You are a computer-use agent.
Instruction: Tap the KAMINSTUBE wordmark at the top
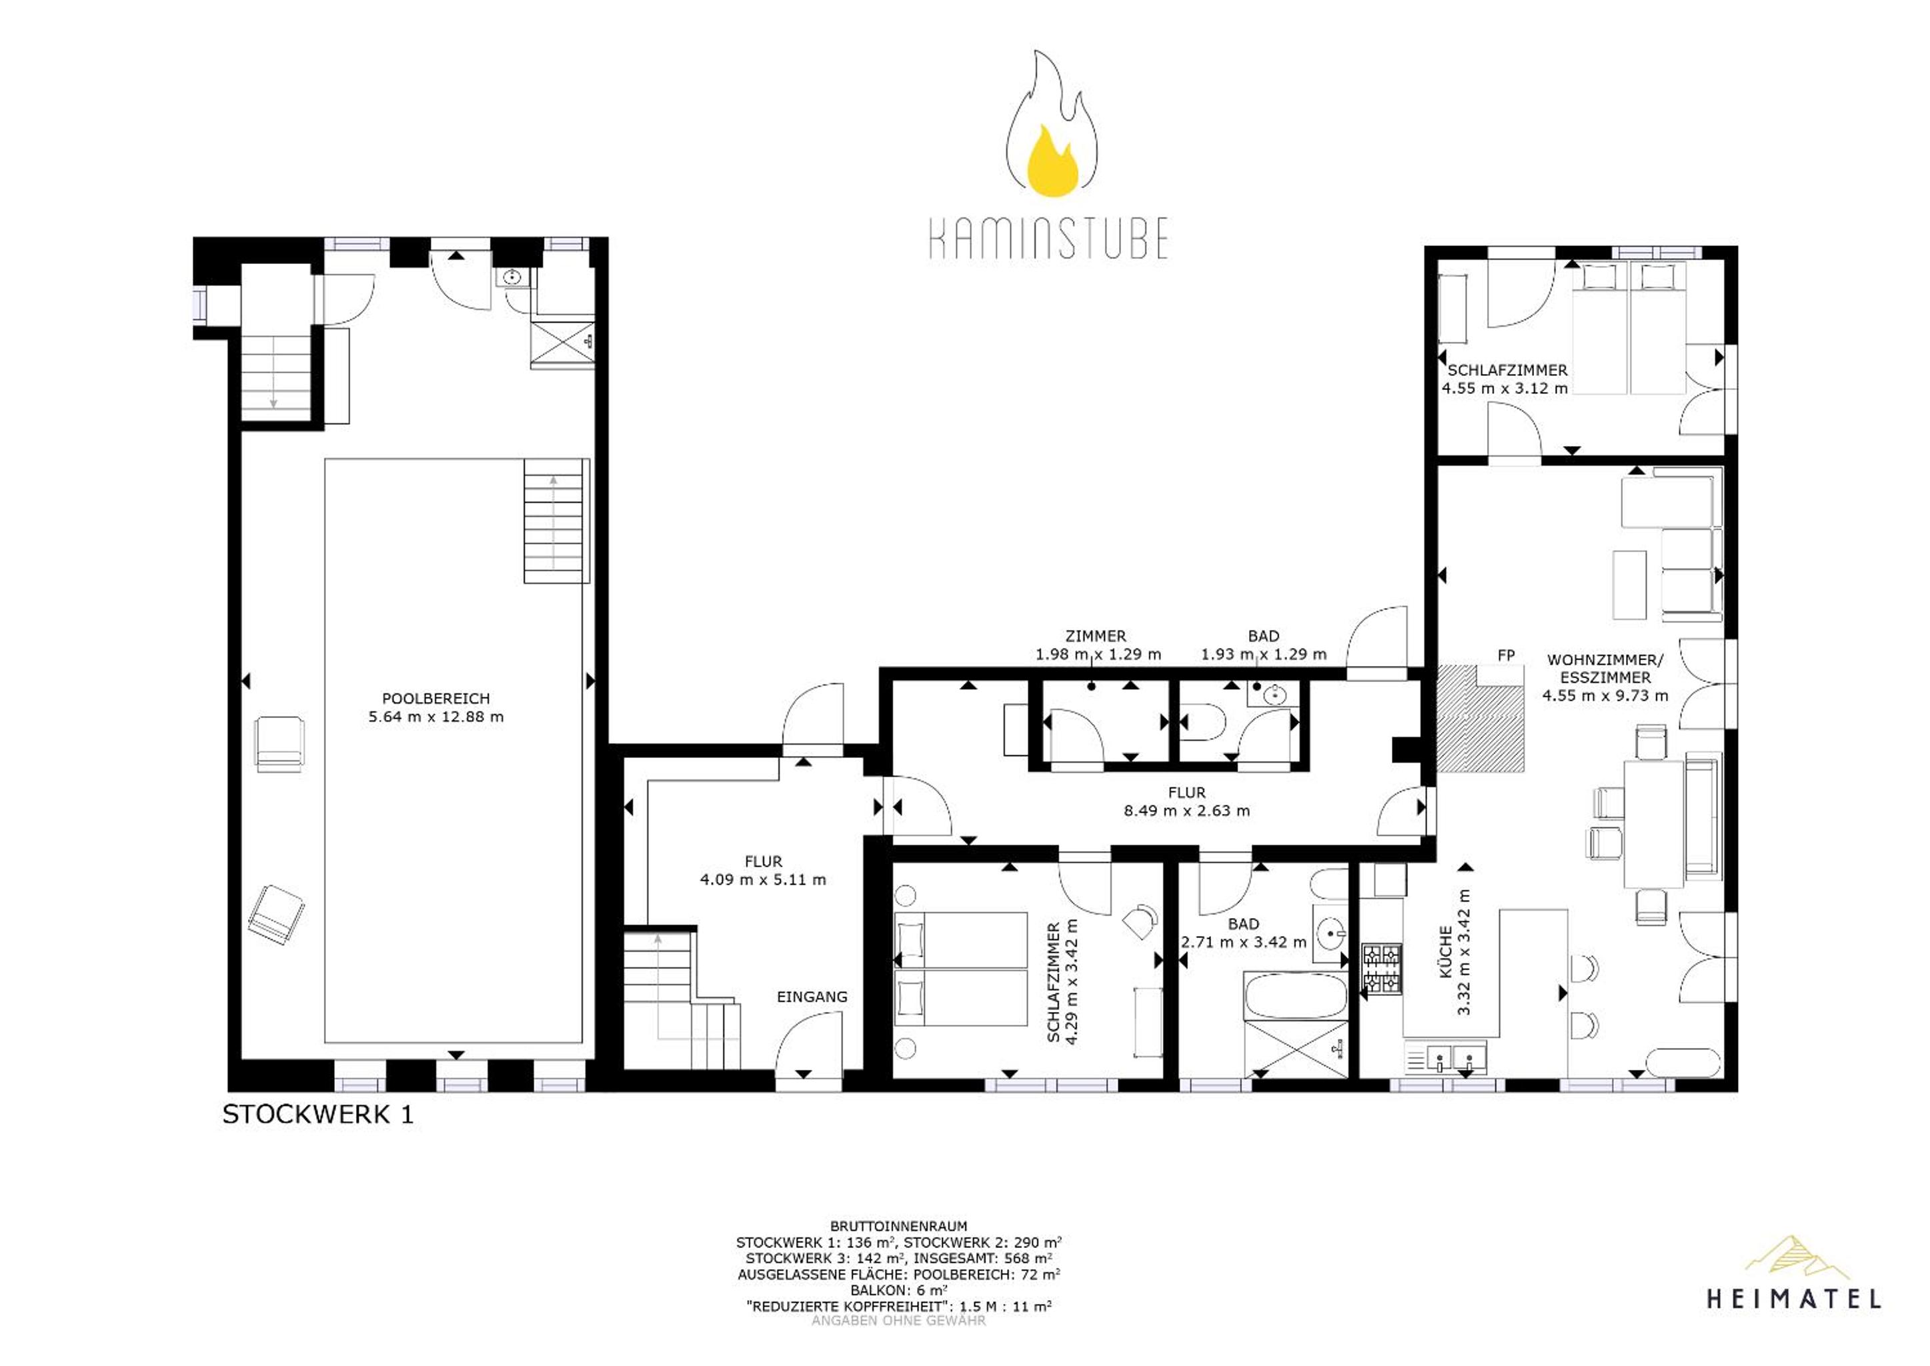[x=1049, y=238]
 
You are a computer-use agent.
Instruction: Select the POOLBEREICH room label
[x=435, y=698]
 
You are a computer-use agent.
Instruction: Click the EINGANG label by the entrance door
[x=812, y=997]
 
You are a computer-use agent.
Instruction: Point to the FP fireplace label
[x=1506, y=655]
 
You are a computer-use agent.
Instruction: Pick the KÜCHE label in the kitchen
[x=1445, y=951]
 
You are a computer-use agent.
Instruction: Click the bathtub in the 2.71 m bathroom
[x=1295, y=996]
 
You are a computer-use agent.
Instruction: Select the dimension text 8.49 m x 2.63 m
[x=1186, y=811]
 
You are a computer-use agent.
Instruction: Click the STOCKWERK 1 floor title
[x=318, y=1115]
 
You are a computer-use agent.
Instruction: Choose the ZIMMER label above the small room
[x=1096, y=637]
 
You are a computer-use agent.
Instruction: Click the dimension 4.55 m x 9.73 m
[x=1605, y=695]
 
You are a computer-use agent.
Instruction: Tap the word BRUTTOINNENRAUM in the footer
[x=898, y=1227]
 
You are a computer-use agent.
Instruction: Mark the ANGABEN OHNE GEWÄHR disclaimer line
[x=898, y=1321]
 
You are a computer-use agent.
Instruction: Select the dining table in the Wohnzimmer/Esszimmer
[x=1654, y=823]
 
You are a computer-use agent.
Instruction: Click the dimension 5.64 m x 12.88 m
[x=435, y=717]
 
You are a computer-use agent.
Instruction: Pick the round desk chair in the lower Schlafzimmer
[x=1139, y=919]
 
